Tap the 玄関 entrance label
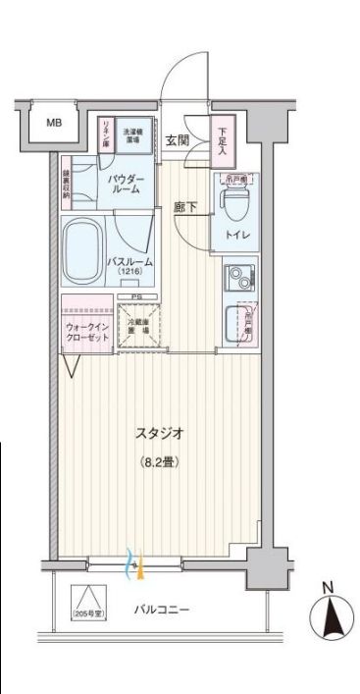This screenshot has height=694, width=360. (178, 139)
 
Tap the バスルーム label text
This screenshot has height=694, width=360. (129, 260)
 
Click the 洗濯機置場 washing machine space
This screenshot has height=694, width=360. (132, 134)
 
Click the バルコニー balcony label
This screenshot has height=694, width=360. (162, 610)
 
